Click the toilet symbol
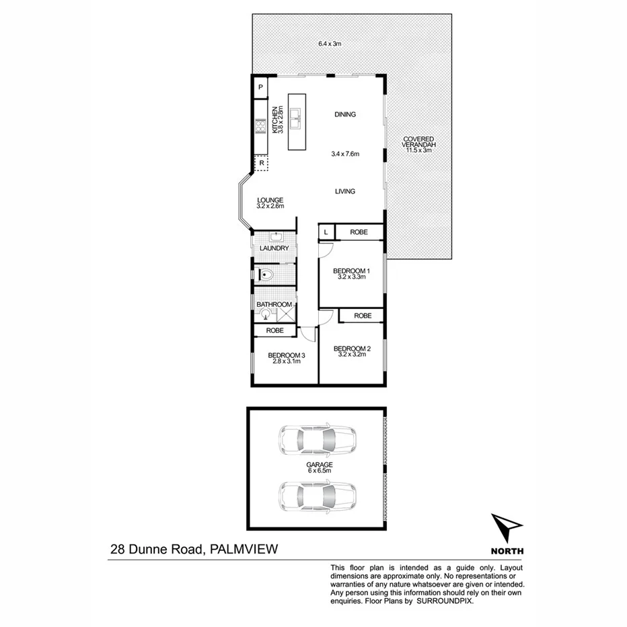coord(266,274)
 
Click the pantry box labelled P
coord(260,87)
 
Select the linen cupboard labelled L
coord(326,232)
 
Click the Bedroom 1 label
coord(352,271)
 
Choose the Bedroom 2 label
coord(352,348)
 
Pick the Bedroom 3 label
coord(286,356)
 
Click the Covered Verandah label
coord(418,142)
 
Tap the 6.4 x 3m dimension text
coord(330,44)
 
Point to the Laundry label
coord(274,248)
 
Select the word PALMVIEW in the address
coord(243,550)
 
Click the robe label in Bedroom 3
coord(274,330)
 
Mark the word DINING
coord(344,114)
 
